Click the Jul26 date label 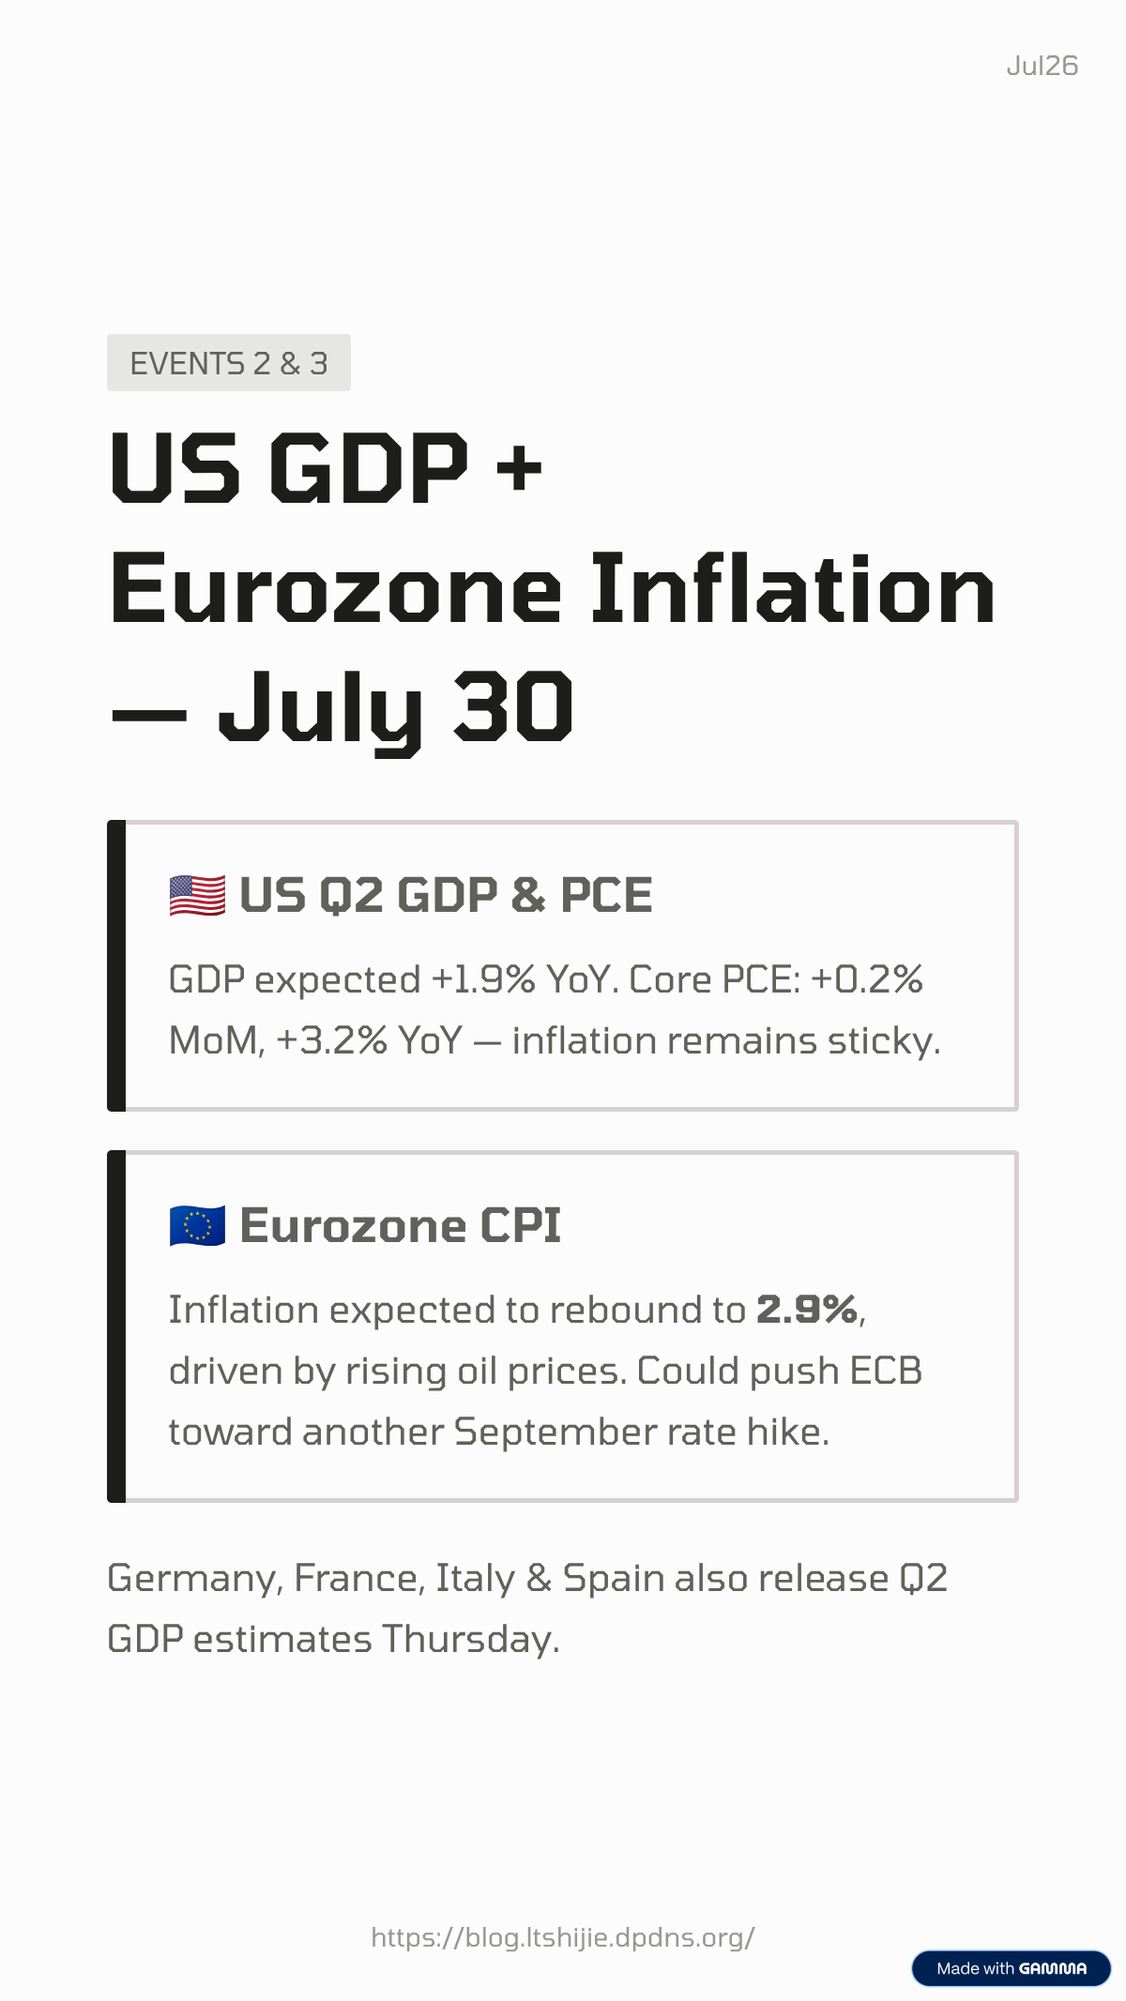(x=1042, y=66)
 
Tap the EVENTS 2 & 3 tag (x=229, y=363)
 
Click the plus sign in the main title (x=519, y=468)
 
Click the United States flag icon (x=197, y=895)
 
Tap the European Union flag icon (x=197, y=1225)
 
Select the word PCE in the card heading (x=606, y=895)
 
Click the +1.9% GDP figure (x=483, y=979)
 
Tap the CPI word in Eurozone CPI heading (x=521, y=1225)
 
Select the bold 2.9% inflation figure (x=807, y=1310)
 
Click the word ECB (x=886, y=1371)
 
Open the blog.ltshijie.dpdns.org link (x=563, y=1937)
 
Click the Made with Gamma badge (x=1012, y=1968)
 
